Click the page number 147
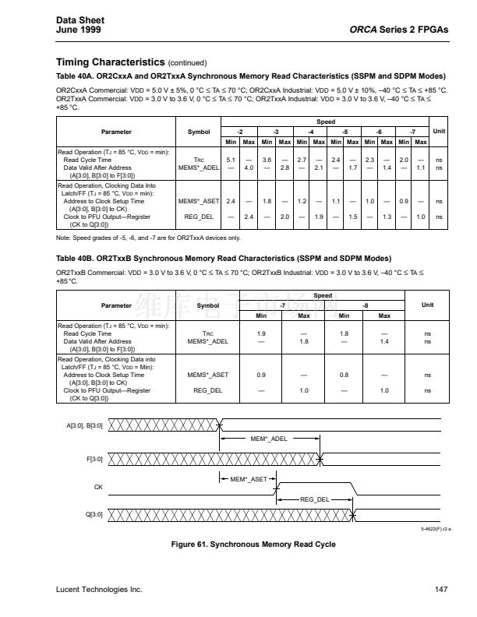(441, 590)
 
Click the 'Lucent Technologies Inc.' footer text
(100, 590)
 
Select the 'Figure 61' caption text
(253, 544)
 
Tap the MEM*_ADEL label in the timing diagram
(269, 439)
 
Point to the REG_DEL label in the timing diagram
(314, 499)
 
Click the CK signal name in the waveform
(97, 487)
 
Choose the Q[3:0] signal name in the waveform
(93, 514)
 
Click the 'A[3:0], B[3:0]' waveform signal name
(85, 425)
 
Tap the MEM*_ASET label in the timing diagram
(249, 478)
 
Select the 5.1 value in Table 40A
(231, 159)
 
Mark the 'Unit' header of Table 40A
(439, 131)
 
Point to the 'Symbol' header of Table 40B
(208, 305)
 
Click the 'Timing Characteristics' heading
(110, 62)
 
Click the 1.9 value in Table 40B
(261, 333)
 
